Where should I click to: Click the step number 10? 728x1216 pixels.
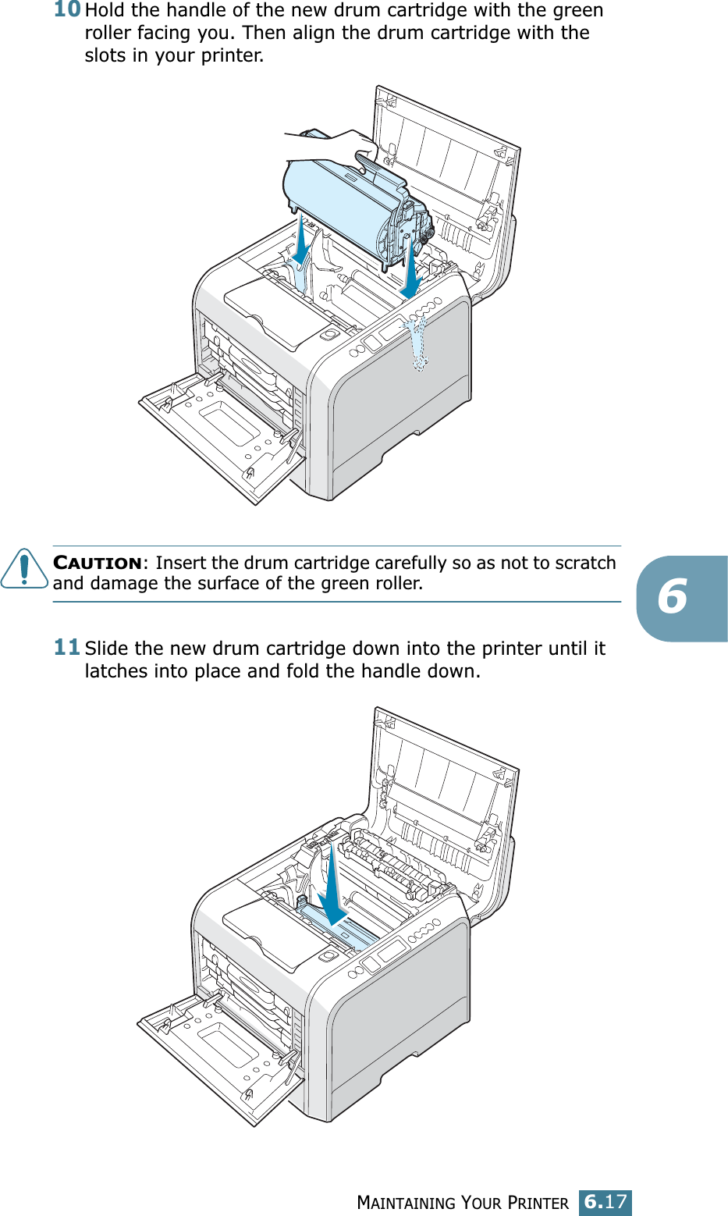(x=67, y=9)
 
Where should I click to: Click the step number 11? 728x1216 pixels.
(x=67, y=647)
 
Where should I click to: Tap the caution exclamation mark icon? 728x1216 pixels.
(x=24, y=568)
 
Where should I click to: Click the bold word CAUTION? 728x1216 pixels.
(x=98, y=563)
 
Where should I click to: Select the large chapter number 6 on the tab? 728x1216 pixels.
(x=672, y=596)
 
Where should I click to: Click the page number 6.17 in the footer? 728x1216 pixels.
(x=605, y=1201)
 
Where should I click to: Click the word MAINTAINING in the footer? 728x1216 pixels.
(x=406, y=1203)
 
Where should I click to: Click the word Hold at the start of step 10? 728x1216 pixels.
(x=105, y=10)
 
